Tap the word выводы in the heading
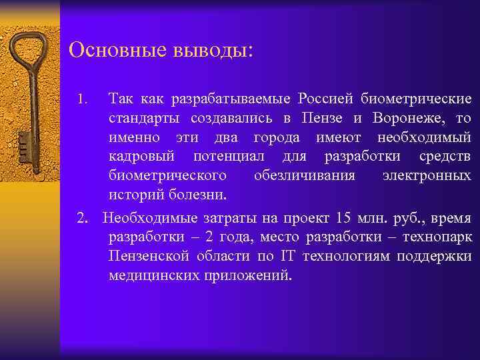tap(205, 51)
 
